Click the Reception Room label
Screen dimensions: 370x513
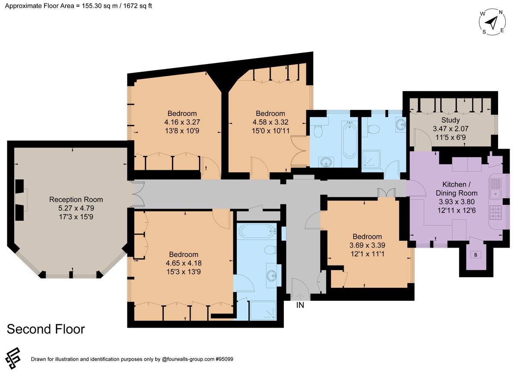pyautogui.click(x=76, y=199)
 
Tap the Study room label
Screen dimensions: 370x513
pyautogui.click(x=451, y=120)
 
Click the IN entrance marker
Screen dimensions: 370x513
pyautogui.click(x=301, y=305)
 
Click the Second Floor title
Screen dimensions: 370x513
pyautogui.click(x=46, y=329)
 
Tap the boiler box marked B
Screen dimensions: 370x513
pyautogui.click(x=475, y=255)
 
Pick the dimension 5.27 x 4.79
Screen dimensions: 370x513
pyautogui.click(x=76, y=208)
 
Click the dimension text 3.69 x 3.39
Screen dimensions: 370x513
pyautogui.click(x=367, y=245)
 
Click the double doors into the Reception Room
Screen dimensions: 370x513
pyautogui.click(x=138, y=195)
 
